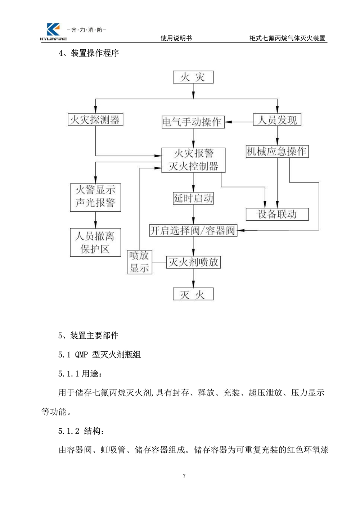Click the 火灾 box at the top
pyautogui.click(x=193, y=77)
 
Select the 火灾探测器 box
pyautogui.click(x=95, y=120)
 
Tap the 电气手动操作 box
pyautogui.click(x=193, y=122)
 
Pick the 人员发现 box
pyautogui.click(x=277, y=120)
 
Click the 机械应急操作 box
pyautogui.click(x=277, y=152)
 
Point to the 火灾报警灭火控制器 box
pyautogui.click(x=193, y=160)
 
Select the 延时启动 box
pyautogui.click(x=193, y=198)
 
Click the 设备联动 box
pyautogui.click(x=277, y=214)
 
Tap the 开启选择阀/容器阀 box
pyautogui.click(x=193, y=230)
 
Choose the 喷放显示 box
pyautogui.click(x=139, y=262)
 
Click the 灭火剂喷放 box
pyautogui.click(x=193, y=262)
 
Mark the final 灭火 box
pyautogui.click(x=193, y=294)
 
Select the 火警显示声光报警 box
pyautogui.click(x=95, y=197)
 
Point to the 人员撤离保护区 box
pyautogui.click(x=95, y=243)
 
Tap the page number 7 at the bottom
pyautogui.click(x=184, y=476)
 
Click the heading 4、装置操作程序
pyautogui.click(x=89, y=53)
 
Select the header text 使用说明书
pyautogui.click(x=176, y=38)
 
